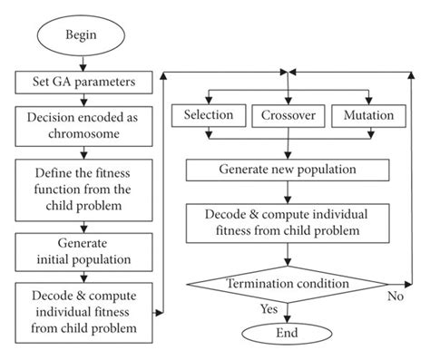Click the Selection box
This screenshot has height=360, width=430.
(x=208, y=115)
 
